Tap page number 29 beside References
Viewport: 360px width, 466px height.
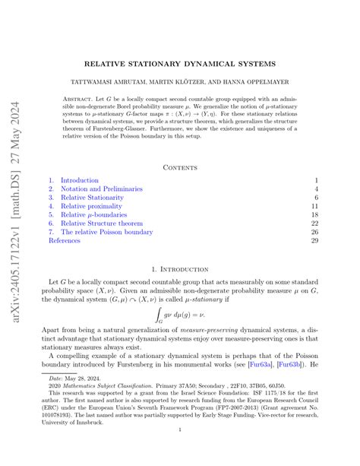pos(314,241)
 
